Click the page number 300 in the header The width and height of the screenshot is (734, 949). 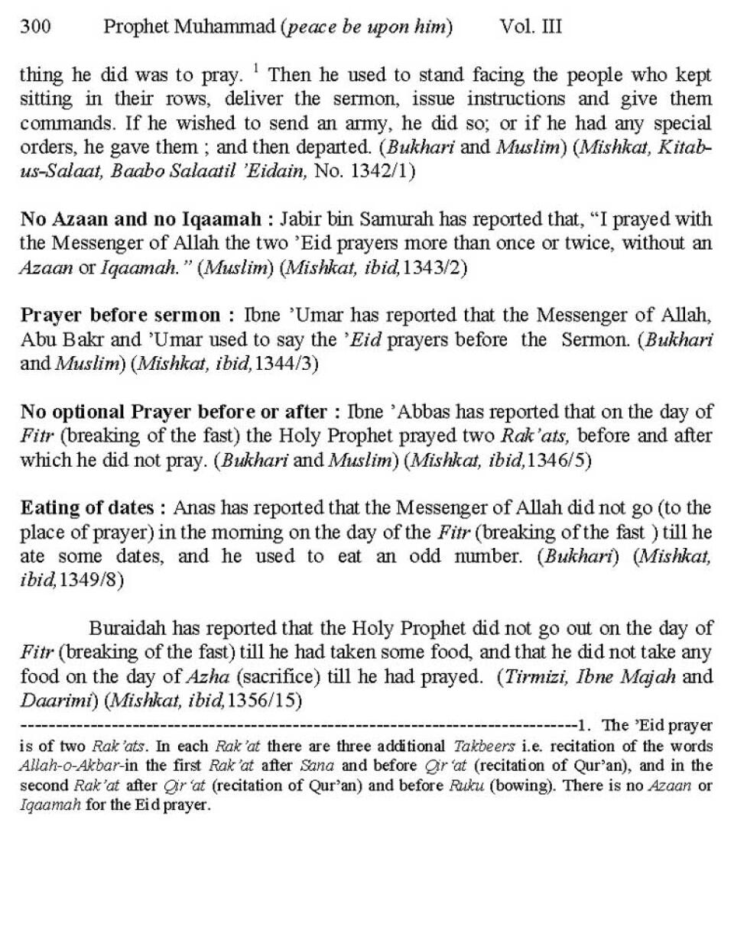[35, 28]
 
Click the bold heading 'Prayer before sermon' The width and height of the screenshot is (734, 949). [122, 316]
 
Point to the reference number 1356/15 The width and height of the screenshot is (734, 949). [268, 700]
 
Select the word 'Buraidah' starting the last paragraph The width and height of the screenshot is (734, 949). [127, 628]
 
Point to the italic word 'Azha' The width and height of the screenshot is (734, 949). [206, 676]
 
